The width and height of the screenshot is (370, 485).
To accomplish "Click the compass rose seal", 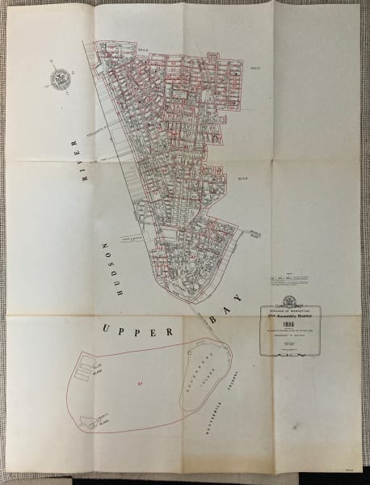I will (x=60, y=78).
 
